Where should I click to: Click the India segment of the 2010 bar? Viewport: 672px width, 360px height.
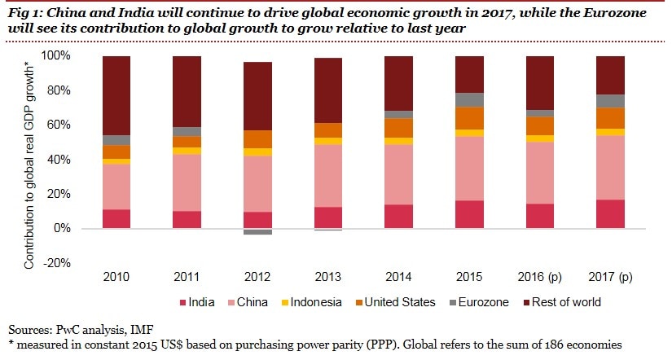116,219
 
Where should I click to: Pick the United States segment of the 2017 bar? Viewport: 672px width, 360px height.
610,118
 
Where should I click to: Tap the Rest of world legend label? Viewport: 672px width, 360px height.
569,302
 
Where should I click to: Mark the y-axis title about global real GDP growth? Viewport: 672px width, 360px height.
29,159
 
